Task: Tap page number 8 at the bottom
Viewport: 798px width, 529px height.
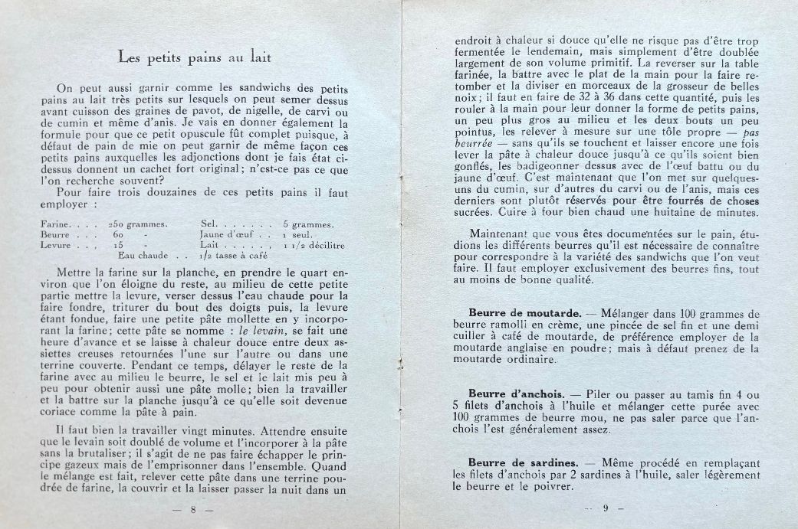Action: [195, 509]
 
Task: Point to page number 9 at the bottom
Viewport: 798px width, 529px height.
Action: [605, 509]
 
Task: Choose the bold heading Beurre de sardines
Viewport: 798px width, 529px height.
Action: [513, 463]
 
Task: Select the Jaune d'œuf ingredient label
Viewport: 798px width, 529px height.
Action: [227, 235]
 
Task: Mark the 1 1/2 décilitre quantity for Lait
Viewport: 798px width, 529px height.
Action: [312, 245]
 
